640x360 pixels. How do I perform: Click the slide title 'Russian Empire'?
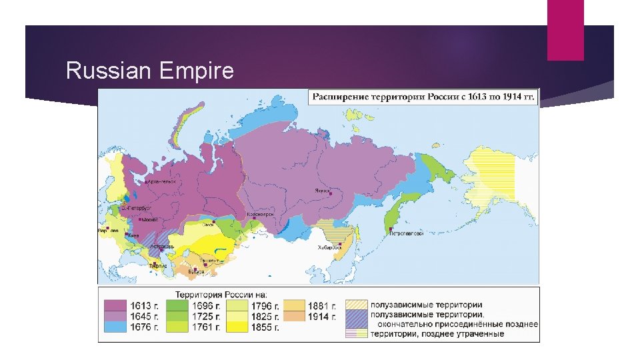[x=150, y=71]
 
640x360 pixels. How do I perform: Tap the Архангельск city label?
[x=161, y=181]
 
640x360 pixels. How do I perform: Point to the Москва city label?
[x=149, y=219]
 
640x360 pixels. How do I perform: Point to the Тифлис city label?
[x=158, y=265]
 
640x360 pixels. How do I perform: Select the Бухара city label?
[x=197, y=271]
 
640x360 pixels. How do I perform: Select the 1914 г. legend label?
[x=319, y=317]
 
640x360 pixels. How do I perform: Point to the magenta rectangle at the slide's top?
[x=565, y=29]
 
